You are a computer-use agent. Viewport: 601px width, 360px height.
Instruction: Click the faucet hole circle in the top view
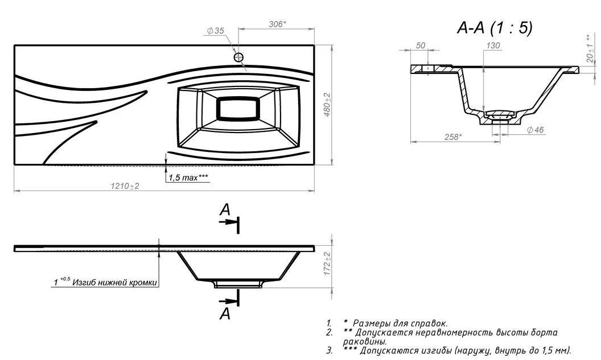pos(239,57)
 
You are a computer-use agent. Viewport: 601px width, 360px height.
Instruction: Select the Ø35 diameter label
pos(215,31)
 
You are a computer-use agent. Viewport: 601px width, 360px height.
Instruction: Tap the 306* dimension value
pos(277,24)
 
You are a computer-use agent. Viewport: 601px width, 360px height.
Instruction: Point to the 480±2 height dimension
pos(328,105)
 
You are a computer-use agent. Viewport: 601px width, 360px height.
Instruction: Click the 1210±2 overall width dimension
pos(125,186)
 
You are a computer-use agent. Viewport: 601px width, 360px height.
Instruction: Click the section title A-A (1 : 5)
pos(495,27)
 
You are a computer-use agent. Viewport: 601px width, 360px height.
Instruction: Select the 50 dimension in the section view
pos(421,45)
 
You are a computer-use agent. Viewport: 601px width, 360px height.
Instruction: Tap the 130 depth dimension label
pos(493,45)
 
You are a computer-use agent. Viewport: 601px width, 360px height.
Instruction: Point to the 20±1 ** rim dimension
pos(590,49)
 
